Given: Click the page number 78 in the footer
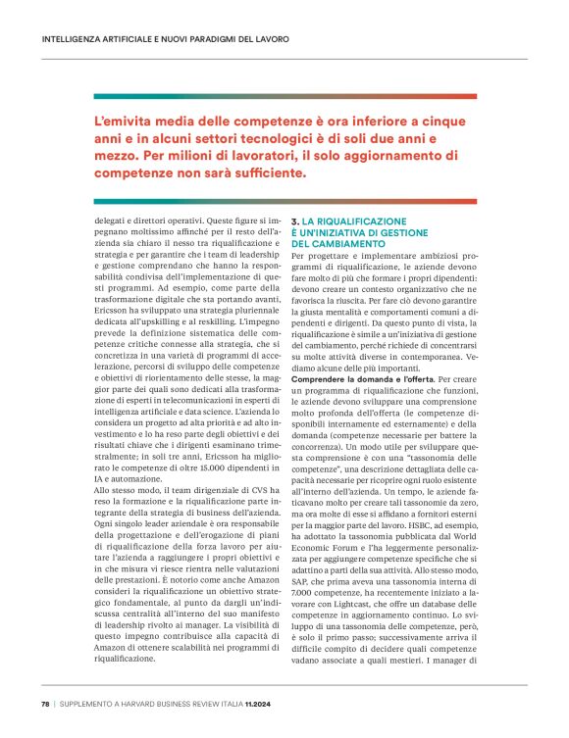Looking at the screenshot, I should pyautogui.click(x=45, y=704).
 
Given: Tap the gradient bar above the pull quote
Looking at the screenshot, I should pyautogui.click(x=284, y=96).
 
